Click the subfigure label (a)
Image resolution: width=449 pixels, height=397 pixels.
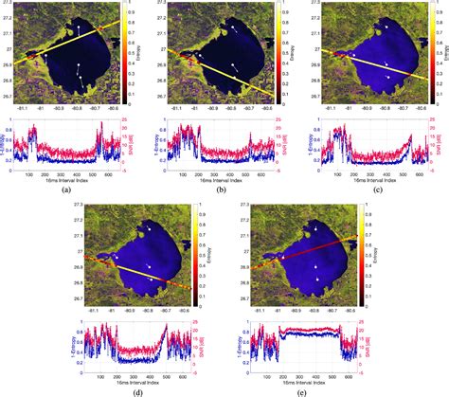point(65,190)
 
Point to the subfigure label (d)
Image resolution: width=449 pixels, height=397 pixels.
point(141,389)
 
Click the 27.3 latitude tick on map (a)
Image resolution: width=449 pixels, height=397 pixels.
point(9,5)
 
